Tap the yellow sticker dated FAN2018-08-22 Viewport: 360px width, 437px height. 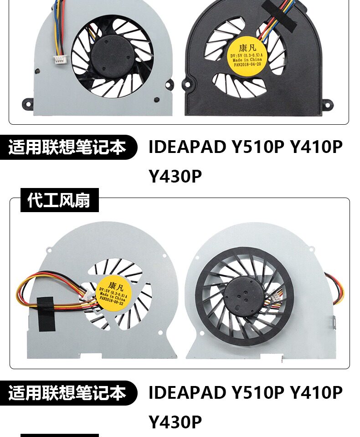114,291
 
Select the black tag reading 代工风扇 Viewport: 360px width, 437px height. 59,200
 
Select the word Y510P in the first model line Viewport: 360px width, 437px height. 257,147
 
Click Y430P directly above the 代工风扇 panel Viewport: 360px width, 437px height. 175,177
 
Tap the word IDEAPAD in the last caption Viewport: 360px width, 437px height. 187,392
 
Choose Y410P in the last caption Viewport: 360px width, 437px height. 316,392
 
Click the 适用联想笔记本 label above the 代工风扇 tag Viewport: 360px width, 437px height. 68,147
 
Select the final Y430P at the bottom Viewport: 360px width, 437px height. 175,422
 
